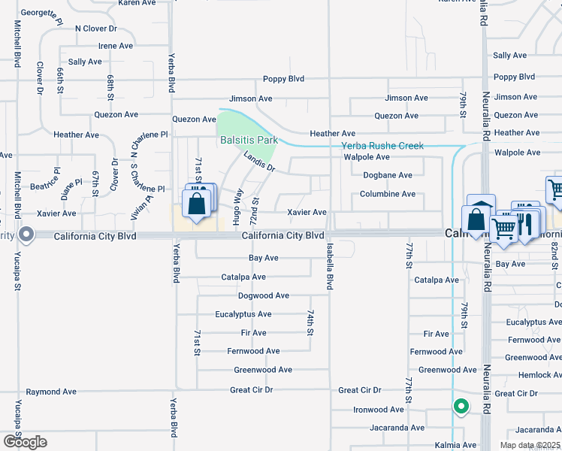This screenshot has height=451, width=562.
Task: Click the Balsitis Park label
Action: pos(249,140)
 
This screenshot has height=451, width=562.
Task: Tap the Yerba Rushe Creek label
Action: pos(382,146)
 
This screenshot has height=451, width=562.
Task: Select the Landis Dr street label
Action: pos(259,162)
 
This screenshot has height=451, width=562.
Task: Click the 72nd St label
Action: pos(255,212)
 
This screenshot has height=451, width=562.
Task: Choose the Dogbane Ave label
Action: pos(388,175)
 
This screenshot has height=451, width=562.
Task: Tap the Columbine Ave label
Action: pos(388,194)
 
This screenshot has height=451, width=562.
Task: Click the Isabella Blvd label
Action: pos(329,266)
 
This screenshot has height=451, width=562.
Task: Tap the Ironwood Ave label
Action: pos(379,410)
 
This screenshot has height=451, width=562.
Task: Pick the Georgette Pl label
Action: pos(41,14)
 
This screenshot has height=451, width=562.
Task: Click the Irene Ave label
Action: pos(116,46)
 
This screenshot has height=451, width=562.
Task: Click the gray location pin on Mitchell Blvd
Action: pos(26,235)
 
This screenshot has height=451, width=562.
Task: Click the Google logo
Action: pos(25,441)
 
